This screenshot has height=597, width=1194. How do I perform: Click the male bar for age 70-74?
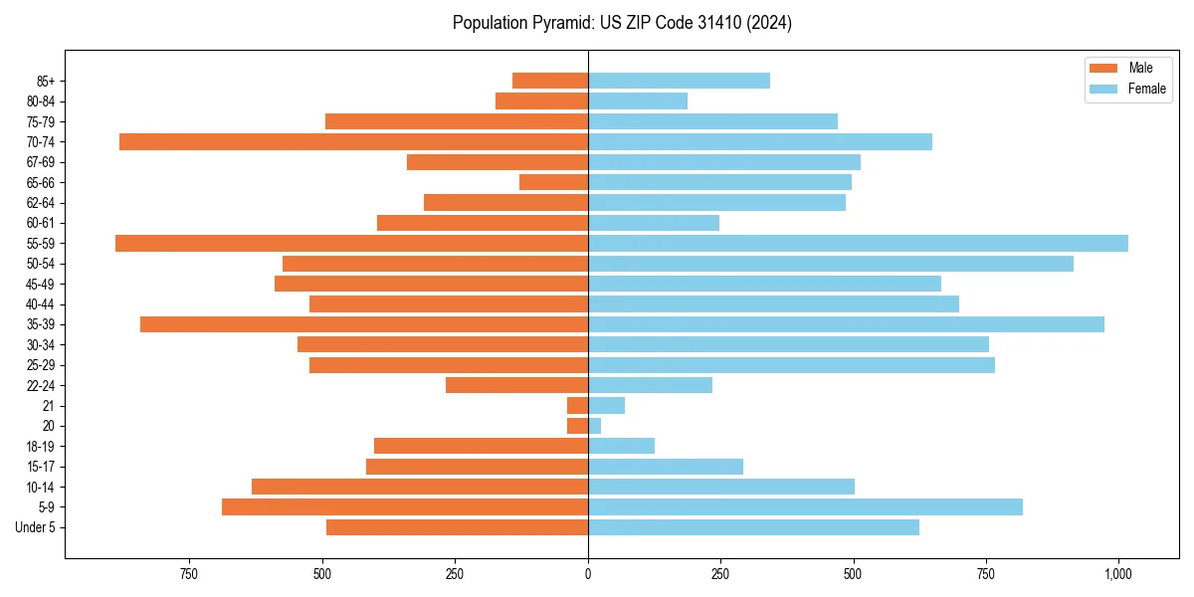coord(353,141)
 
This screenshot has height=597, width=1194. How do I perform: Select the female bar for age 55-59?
coord(858,243)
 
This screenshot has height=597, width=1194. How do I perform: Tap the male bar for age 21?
coord(578,405)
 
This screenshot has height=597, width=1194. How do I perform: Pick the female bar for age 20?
coord(594,426)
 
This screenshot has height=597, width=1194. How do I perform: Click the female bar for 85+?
coord(679,81)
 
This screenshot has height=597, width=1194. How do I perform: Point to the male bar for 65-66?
coord(553,182)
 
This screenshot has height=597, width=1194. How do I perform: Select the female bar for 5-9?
coord(805,506)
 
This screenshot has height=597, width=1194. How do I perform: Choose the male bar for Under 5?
coord(457,527)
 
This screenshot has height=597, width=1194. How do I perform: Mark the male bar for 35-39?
coord(364,324)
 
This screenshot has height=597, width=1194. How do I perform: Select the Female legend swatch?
coord(1103,89)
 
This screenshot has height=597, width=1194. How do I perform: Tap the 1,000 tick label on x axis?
coord(1118,574)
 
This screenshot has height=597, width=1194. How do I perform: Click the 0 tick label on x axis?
coord(588,574)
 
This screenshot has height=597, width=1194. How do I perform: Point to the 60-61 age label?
coord(41,223)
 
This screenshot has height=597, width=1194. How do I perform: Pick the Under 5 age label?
coord(36,527)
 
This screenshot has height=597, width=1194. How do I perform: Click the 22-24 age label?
coord(41,385)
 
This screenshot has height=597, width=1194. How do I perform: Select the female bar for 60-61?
coord(653,223)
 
